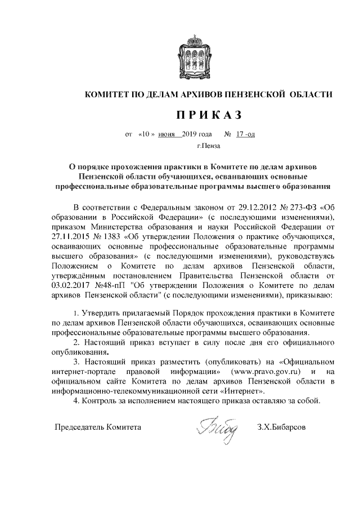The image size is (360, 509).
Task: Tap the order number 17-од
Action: coord(246,136)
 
